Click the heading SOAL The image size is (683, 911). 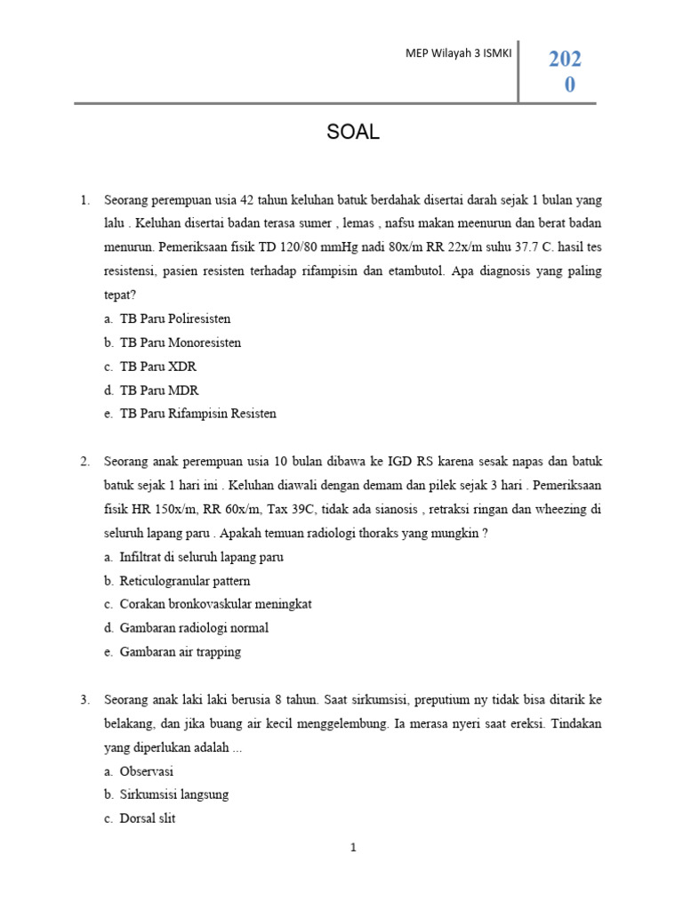click(353, 133)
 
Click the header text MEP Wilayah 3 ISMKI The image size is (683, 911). click(456, 54)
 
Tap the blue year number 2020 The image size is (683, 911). click(565, 71)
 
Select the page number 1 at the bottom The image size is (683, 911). click(353, 848)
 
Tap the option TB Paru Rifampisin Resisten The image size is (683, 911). click(197, 414)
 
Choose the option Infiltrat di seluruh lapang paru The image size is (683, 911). click(202, 557)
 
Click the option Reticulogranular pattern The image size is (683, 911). click(185, 581)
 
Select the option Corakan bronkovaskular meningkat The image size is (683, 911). click(215, 604)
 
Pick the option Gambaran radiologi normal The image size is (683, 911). click(194, 628)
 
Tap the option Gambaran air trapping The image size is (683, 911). click(181, 652)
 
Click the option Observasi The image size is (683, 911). click(147, 771)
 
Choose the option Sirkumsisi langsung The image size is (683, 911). click(174, 794)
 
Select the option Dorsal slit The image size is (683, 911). click(148, 818)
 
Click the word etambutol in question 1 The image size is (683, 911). click(403, 271)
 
